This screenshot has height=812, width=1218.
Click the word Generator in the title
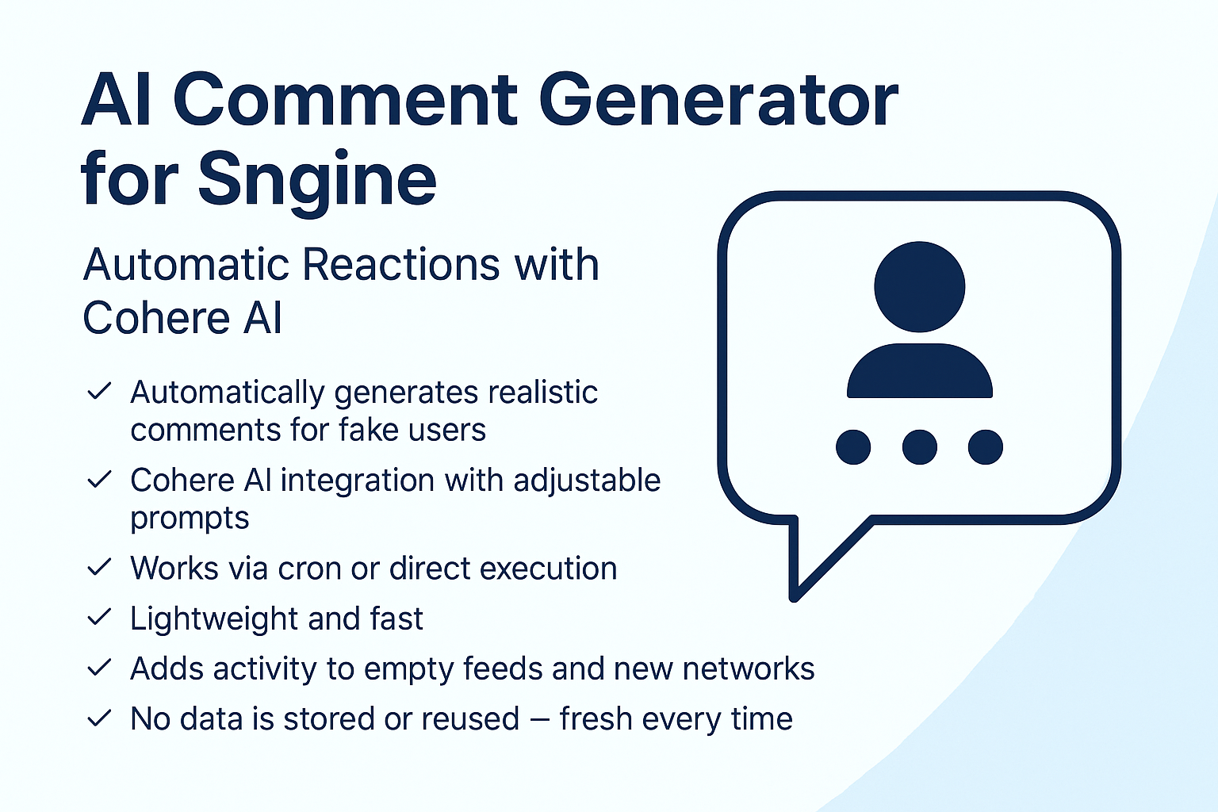(718, 101)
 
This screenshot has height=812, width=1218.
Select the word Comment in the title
(346, 101)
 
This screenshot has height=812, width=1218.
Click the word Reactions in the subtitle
(400, 265)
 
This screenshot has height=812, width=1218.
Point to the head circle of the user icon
(920, 286)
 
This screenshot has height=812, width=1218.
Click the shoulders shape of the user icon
(920, 370)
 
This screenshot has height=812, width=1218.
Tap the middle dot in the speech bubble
(920, 447)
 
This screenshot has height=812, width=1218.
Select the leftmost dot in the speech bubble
(853, 447)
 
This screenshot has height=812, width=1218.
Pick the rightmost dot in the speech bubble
(986, 447)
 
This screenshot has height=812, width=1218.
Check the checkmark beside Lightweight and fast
(99, 617)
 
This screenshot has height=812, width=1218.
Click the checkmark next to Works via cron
(99, 567)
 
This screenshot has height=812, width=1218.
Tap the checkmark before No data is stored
(99, 718)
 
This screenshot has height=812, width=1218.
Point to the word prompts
(190, 519)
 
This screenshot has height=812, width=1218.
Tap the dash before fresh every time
(539, 719)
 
